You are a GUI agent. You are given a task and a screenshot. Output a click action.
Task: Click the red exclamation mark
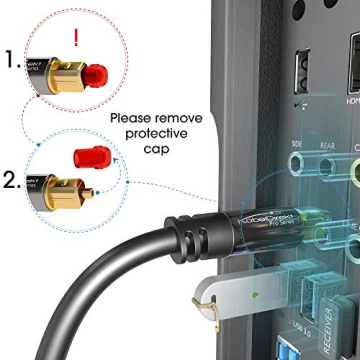pos(74,37)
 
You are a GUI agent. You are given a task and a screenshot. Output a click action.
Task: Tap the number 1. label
pos(12,62)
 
